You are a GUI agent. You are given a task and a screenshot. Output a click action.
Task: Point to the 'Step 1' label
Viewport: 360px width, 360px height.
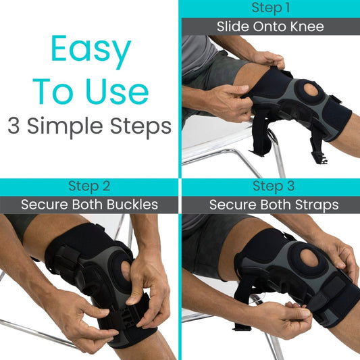tap(269, 8)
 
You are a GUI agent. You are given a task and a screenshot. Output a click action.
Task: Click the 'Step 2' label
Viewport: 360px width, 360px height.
tap(89, 186)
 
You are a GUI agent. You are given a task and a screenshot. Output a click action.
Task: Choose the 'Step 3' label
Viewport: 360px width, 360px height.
tap(269, 186)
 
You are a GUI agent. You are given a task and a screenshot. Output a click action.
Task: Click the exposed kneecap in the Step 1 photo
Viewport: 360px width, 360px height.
tap(311, 92)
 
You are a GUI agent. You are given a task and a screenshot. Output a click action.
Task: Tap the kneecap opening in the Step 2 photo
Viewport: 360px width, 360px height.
tap(126, 270)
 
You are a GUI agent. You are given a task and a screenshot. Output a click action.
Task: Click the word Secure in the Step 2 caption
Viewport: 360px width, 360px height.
tap(45, 205)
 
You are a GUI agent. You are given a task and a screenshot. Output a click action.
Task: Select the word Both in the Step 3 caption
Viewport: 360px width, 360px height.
tap(268, 205)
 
